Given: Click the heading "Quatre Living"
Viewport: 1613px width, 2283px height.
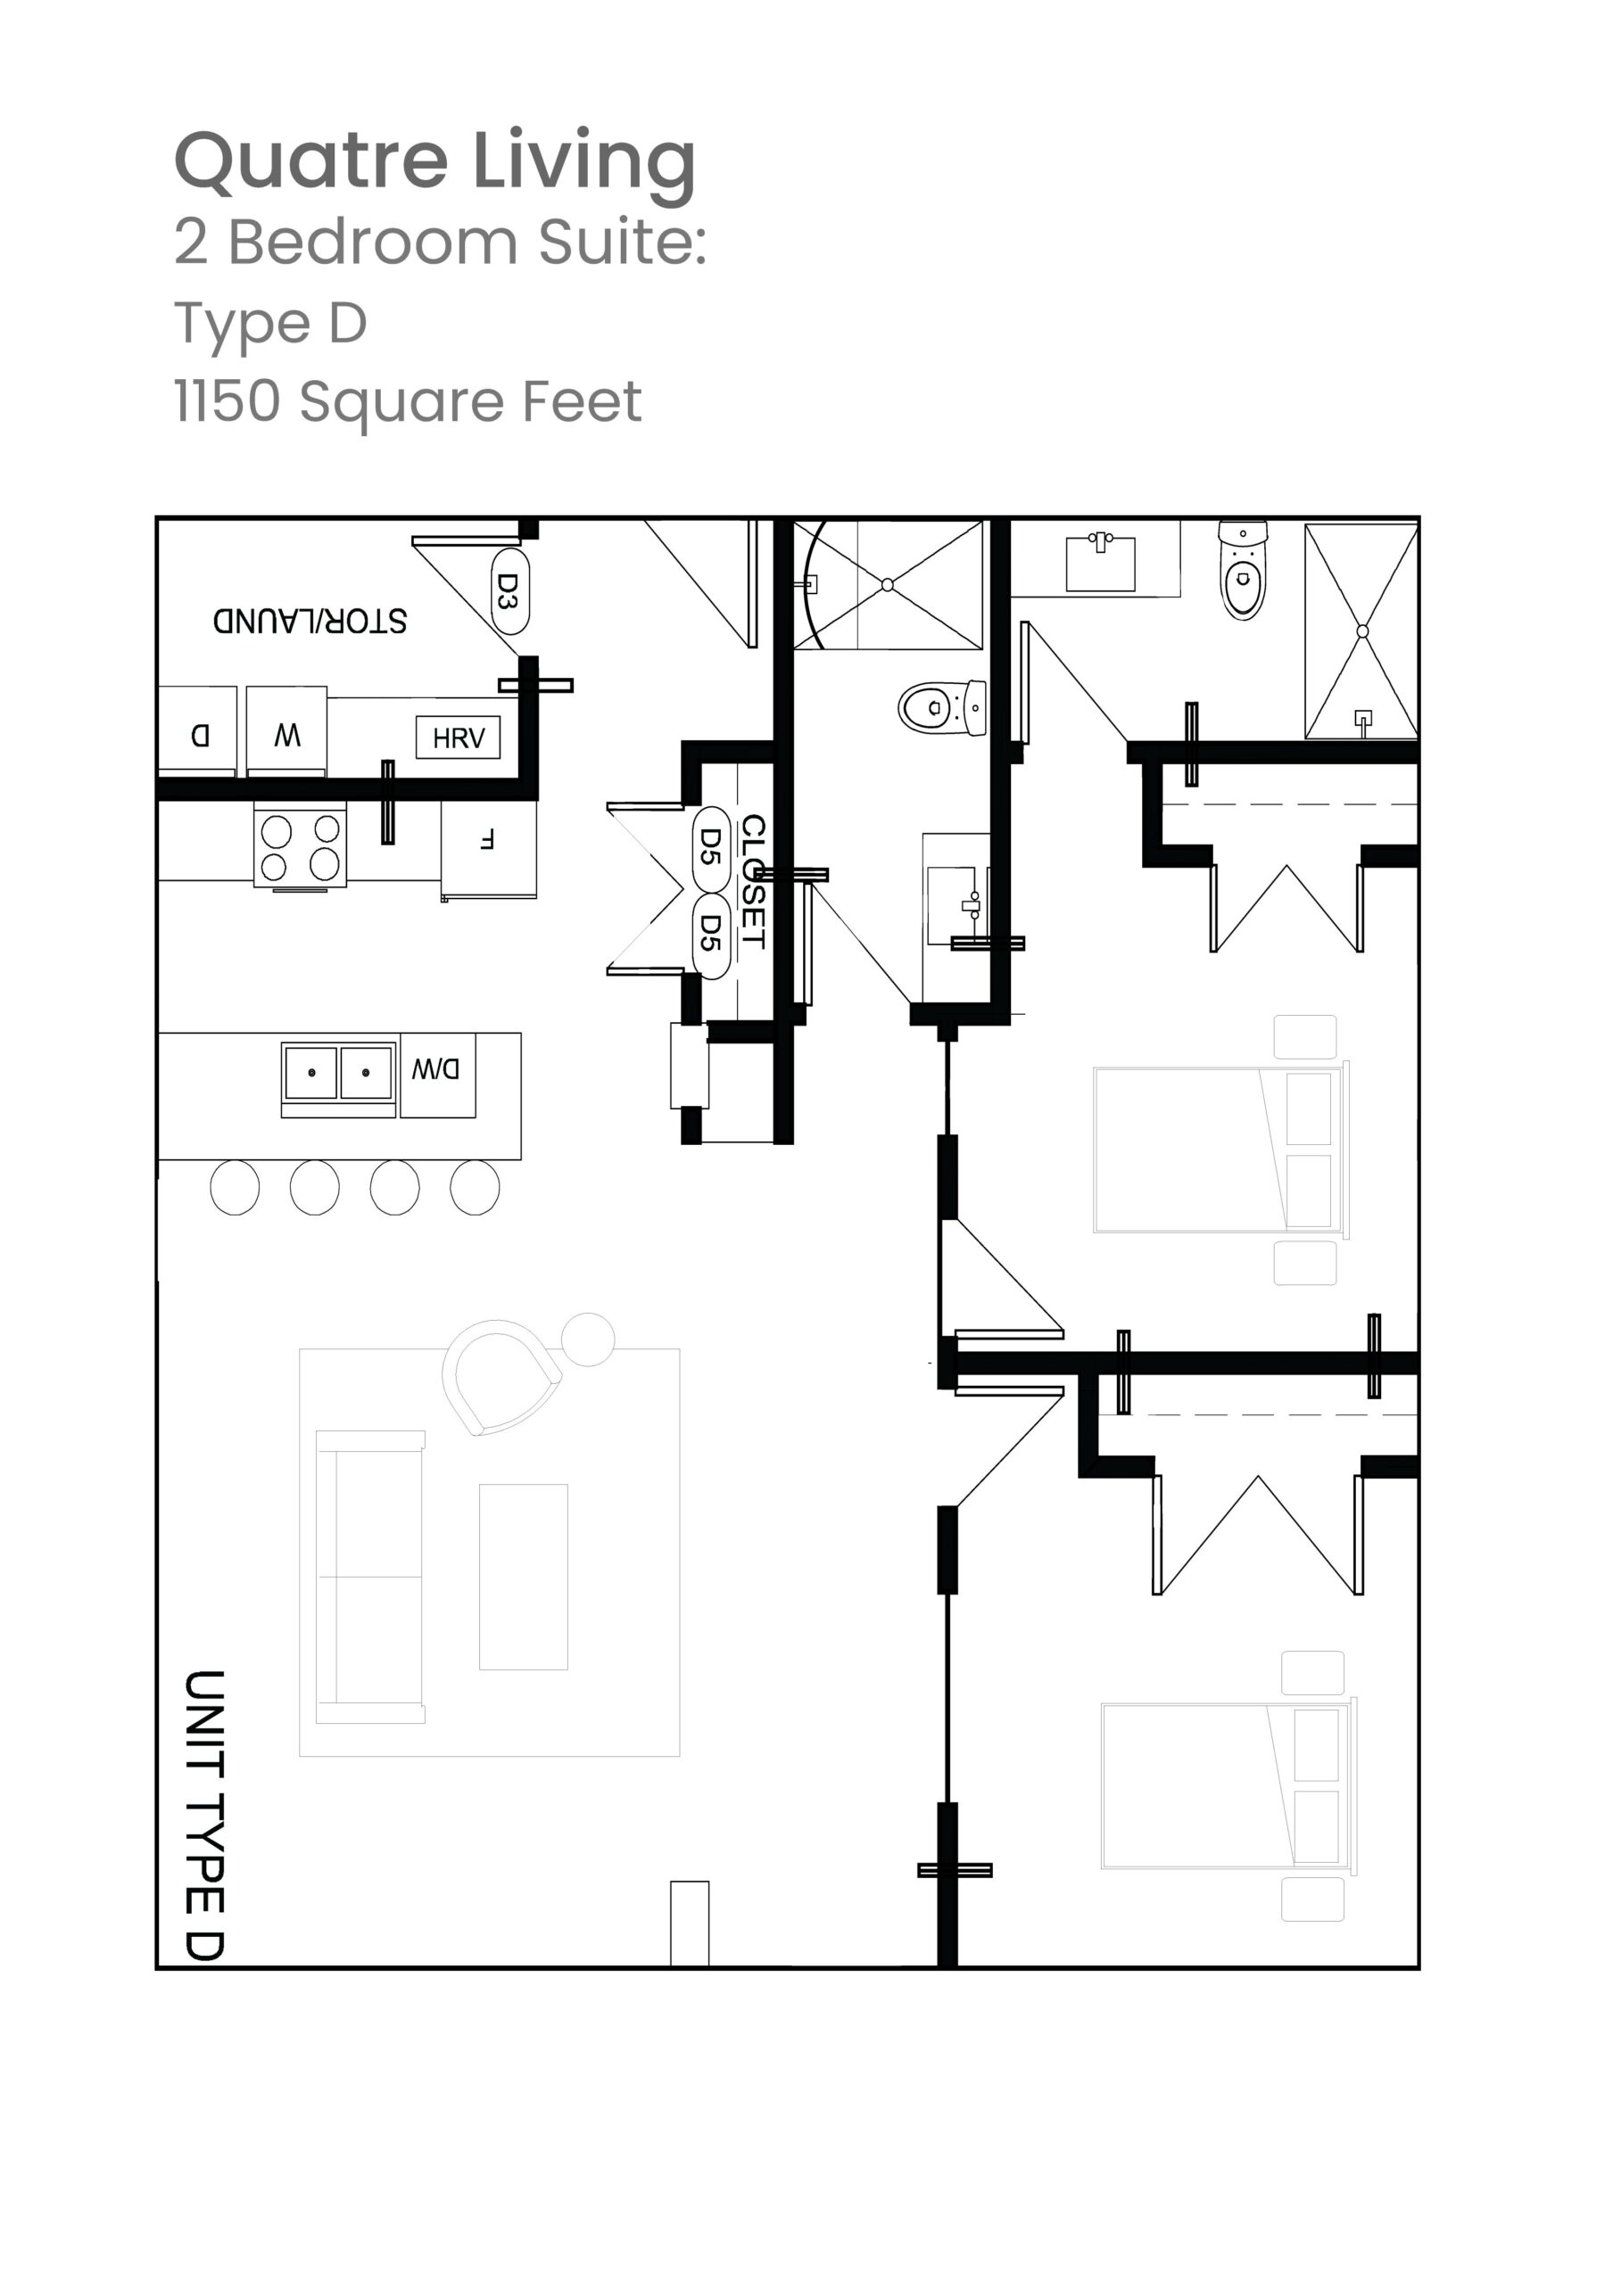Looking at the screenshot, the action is pos(434,162).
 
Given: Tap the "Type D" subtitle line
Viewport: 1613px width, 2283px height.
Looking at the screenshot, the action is pos(270,323).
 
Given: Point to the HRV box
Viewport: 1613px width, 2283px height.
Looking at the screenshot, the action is pos(458,738).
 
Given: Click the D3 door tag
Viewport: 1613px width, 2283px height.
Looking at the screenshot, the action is pos(509,591).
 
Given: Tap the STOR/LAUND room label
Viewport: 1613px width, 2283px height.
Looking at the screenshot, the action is pos(310,622).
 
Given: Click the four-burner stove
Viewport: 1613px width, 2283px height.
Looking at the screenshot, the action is pos(301,846).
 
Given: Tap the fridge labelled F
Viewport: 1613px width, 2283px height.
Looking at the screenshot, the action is pos(488,848).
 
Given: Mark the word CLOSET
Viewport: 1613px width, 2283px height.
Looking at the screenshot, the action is pos(753,882).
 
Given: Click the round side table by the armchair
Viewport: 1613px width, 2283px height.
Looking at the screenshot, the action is pos(588,1339).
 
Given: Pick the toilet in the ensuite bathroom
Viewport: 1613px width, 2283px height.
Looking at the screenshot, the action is pos(1243,571).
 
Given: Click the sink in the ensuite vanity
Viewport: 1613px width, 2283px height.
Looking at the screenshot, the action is pos(1101,563).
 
